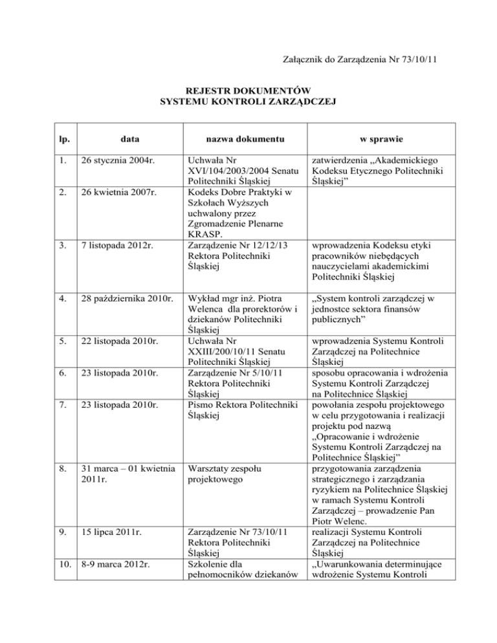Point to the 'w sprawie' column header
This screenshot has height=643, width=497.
click(x=370, y=138)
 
